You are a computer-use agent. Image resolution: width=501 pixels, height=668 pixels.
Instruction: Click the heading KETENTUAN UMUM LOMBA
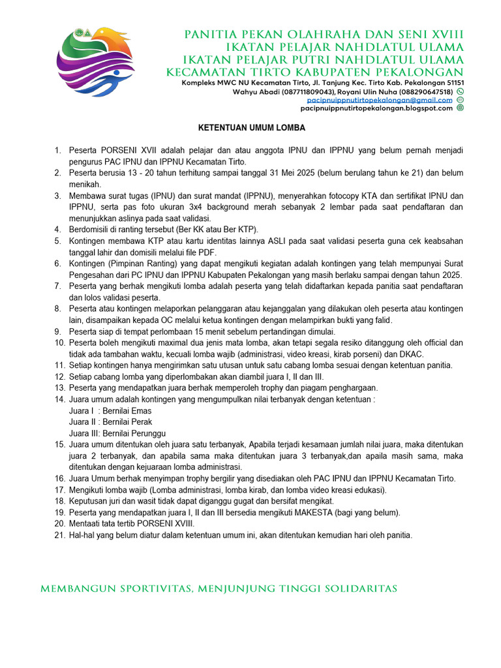252,128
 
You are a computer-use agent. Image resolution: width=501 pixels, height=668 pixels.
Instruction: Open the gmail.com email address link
380,100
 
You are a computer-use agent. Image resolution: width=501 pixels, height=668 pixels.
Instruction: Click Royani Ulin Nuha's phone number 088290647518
424,92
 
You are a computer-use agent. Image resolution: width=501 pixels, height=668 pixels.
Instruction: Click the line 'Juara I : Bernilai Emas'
110,411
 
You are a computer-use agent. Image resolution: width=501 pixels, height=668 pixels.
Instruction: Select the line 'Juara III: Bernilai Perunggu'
117,434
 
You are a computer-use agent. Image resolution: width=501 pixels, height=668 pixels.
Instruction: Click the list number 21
59,536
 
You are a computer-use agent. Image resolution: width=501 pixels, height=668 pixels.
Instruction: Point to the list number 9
59,331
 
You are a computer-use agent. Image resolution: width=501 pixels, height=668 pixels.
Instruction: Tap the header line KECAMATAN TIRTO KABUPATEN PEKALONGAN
315,72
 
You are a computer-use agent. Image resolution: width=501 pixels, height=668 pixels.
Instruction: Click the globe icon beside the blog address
460,108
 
